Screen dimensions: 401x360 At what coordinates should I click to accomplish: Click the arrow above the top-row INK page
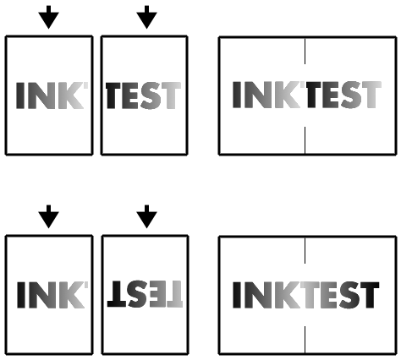pos(49,17)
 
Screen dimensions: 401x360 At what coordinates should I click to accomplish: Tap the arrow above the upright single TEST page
pos(146,17)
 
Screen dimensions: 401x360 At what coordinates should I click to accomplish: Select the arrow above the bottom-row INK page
pos(49,216)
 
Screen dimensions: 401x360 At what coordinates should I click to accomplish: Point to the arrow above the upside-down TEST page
pos(146,216)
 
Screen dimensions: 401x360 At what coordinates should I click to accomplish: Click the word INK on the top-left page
pos(52,95)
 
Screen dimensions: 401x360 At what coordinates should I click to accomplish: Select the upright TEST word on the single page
pos(143,95)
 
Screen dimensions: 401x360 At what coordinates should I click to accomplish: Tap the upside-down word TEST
pos(145,294)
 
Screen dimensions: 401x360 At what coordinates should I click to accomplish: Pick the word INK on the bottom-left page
pos(52,295)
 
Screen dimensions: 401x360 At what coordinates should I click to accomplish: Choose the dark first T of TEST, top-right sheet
pos(313,95)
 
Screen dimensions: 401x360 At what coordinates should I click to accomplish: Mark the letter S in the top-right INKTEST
pos(351,95)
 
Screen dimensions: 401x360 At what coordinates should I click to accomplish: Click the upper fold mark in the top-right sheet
pos(305,52)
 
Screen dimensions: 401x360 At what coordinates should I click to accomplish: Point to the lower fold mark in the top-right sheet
pos(305,140)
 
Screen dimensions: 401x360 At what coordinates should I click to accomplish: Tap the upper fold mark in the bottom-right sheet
pos(305,250)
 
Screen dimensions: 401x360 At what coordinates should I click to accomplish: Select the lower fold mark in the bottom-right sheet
pos(305,340)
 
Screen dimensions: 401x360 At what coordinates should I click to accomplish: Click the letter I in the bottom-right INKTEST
pos(237,295)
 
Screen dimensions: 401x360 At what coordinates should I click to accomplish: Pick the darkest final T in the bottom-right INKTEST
pos(370,295)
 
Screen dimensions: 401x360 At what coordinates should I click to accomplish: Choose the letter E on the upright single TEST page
pos(130,95)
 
